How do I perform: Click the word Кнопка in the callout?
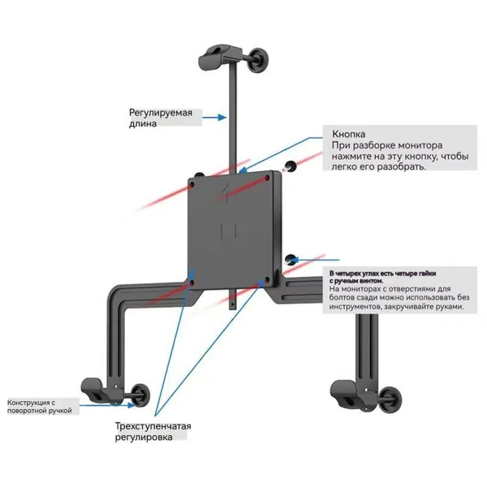pos(348,134)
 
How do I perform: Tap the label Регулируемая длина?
pos(161,118)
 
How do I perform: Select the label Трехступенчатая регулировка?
pos(153,432)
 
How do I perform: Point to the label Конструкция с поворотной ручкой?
pos(40,407)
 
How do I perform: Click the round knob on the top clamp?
pos(259,60)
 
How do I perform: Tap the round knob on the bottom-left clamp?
pos(140,394)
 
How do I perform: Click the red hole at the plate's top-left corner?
pos(192,185)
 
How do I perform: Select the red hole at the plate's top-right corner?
pos(267,178)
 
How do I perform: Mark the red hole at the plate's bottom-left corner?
pos(192,282)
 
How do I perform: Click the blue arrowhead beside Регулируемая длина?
pos(222,118)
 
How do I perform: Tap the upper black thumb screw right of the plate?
pos(291,166)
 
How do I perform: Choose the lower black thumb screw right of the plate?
pos(291,260)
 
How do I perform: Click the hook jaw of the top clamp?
pos(213,56)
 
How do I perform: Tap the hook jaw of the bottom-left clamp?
pos(94,390)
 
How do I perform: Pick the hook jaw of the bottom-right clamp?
pos(345,393)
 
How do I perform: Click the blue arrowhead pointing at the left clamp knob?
pos(131,405)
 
